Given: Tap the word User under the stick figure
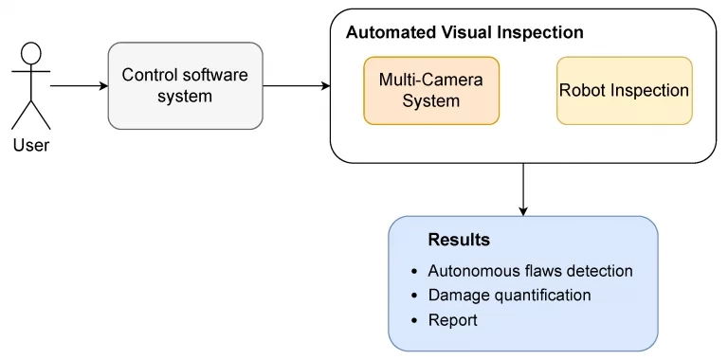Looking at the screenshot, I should (31, 145).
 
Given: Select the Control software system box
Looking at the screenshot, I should (185, 85).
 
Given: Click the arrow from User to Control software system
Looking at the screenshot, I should (79, 85).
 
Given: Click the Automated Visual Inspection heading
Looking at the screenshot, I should (464, 32).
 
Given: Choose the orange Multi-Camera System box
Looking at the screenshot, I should (431, 91).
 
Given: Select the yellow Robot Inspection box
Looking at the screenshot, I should (624, 91).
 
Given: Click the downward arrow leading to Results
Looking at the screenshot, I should (523, 189).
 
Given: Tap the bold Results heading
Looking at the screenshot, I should (459, 240).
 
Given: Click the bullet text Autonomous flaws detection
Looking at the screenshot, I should (530, 271).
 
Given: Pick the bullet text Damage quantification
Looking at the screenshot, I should (509, 296).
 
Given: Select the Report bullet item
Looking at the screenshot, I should (453, 320).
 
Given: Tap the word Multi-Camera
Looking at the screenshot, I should (431, 80).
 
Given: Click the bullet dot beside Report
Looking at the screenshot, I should (413, 321).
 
